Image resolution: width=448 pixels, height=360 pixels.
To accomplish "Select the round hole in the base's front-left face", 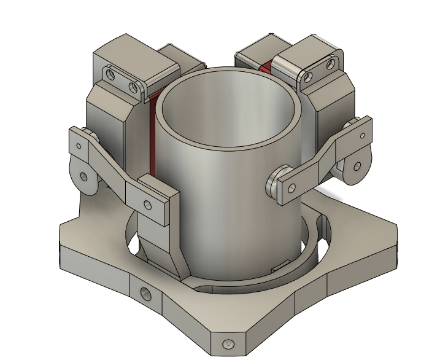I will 146,293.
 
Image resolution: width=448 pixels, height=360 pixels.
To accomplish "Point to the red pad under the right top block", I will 265,67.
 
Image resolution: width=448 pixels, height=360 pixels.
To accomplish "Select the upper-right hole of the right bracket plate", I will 331,63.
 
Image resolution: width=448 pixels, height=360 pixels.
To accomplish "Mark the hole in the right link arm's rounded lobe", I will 356,166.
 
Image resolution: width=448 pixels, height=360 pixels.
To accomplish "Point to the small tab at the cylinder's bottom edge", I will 280,265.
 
